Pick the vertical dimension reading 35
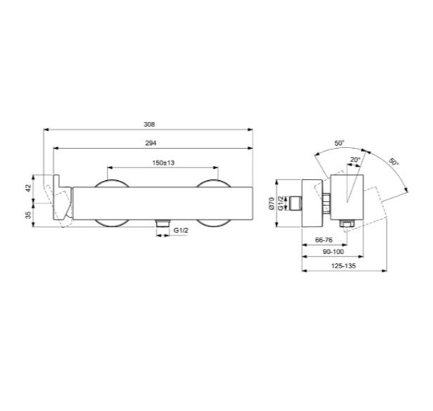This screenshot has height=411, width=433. point(28,214)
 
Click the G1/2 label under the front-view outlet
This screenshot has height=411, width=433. point(180,231)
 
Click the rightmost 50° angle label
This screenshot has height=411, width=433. point(393,162)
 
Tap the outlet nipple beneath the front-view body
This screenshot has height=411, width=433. point(161,224)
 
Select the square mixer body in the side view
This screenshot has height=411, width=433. point(346,200)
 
